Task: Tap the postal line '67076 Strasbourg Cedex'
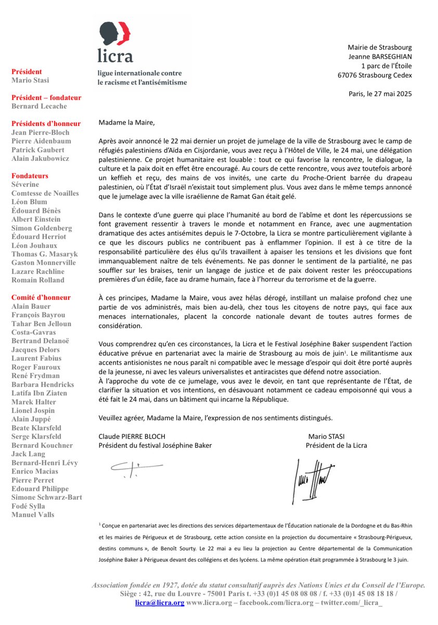375,76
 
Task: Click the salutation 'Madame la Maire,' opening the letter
126,123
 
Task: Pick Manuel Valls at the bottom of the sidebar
32,515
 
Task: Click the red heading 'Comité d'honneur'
41,297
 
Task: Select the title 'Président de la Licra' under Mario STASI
337,445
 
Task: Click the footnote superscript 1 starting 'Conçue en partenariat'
99,526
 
